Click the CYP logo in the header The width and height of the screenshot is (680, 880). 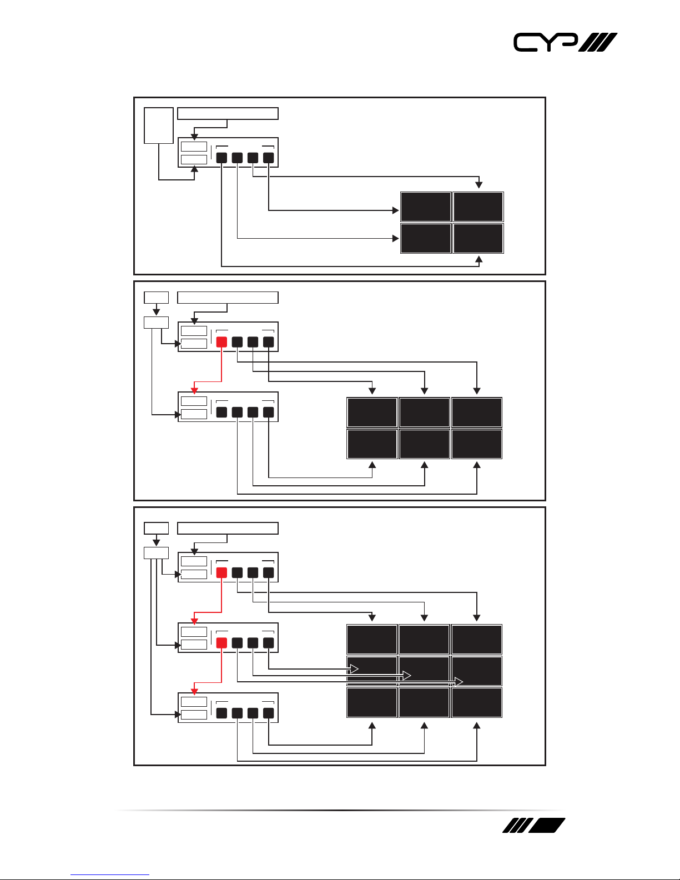pos(565,43)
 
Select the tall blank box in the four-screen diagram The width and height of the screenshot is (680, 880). pos(158,125)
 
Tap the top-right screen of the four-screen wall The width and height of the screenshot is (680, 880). pos(478,207)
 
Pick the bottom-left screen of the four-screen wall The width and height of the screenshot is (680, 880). pos(426,238)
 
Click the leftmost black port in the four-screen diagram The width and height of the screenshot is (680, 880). pos(221,158)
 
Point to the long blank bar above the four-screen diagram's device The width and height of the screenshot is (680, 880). pos(228,114)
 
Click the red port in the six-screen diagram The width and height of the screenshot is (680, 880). pos(221,342)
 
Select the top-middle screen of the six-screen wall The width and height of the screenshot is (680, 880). pos(425,412)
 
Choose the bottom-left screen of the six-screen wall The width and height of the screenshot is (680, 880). pos(372,444)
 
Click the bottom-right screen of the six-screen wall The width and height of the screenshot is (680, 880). pos(477,444)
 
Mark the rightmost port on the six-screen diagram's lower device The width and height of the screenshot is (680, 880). pos(269,412)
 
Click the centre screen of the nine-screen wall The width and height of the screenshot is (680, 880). pos(425,671)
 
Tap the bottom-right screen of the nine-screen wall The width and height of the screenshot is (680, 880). pos(477,702)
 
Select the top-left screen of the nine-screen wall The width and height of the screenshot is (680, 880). pos(372,639)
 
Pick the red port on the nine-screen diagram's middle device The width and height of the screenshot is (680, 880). pos(221,643)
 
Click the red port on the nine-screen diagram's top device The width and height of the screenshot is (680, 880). pos(221,572)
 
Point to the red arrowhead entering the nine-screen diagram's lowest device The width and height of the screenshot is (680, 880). pos(194,691)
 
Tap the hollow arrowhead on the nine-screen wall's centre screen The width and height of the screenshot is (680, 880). pos(406,676)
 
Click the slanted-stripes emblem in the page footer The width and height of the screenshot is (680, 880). pos(533,826)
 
